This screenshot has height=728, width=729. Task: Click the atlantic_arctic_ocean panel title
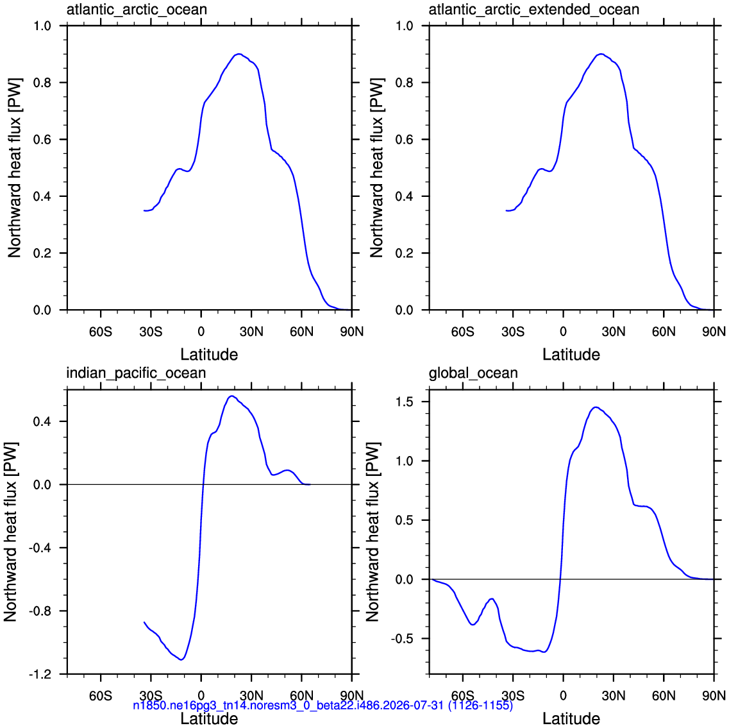pyautogui.click(x=137, y=10)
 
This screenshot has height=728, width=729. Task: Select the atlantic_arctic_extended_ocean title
pyautogui.click(x=533, y=10)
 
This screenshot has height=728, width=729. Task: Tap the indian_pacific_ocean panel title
pyautogui.click(x=136, y=373)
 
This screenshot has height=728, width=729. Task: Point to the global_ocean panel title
pyautogui.click(x=473, y=373)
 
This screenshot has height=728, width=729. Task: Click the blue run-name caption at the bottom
pyautogui.click(x=323, y=705)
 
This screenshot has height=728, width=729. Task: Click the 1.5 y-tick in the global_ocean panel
pyautogui.click(x=404, y=402)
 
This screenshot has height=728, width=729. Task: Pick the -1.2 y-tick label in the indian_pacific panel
pyautogui.click(x=40, y=674)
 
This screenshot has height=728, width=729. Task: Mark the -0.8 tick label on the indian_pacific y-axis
pyautogui.click(x=40, y=611)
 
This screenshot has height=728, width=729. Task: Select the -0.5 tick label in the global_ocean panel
pyautogui.click(x=402, y=639)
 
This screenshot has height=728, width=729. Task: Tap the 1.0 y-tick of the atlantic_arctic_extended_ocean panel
pyautogui.click(x=404, y=26)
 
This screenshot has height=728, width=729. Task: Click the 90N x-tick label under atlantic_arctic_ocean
pyautogui.click(x=352, y=332)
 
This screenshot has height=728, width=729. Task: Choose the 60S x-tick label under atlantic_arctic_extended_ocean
pyautogui.click(x=463, y=332)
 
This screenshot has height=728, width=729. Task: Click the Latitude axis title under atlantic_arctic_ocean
pyautogui.click(x=209, y=355)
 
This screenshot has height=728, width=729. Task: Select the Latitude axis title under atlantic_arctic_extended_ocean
pyautogui.click(x=571, y=355)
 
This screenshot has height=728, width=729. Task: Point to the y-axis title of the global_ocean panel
pyautogui.click(x=373, y=532)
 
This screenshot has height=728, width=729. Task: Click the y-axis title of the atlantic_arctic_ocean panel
pyautogui.click(x=14, y=168)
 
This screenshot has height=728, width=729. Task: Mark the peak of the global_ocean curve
pyautogui.click(x=596, y=407)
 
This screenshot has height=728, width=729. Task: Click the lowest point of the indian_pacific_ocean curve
pyautogui.click(x=182, y=659)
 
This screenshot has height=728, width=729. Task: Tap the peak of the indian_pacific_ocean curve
pyautogui.click(x=231, y=396)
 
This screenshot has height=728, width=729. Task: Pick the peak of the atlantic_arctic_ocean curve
pyautogui.click(x=239, y=54)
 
